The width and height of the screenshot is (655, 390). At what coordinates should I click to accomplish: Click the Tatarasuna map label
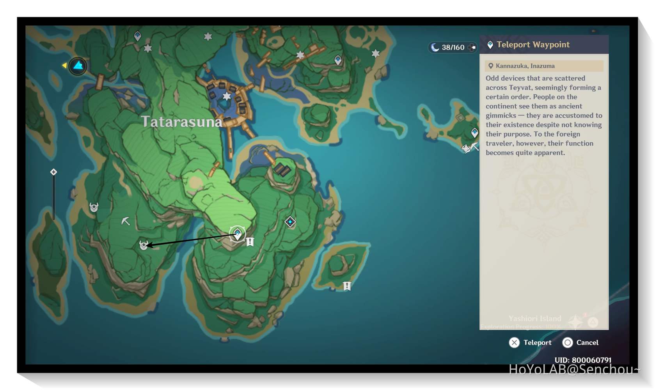pos(181,122)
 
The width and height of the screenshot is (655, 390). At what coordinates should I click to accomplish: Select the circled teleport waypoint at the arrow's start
pos(237,234)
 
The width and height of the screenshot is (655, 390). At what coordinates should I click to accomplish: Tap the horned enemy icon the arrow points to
pos(144,245)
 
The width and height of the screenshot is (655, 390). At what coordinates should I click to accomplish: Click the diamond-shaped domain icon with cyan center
pos(290,222)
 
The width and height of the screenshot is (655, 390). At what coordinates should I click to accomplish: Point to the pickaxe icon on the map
pos(125,221)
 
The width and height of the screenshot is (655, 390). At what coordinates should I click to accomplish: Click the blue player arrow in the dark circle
pos(78,66)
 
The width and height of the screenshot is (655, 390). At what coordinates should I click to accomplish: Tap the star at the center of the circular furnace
pos(227,96)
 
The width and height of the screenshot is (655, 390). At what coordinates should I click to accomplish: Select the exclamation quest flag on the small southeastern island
pos(347,286)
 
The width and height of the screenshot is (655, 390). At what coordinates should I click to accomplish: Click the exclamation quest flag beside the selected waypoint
pos(250,242)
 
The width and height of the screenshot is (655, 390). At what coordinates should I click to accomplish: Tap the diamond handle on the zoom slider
pos(53,172)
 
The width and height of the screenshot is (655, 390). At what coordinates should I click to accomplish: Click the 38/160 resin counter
pos(453,47)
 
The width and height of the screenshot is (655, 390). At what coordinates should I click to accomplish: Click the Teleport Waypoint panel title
pos(533,44)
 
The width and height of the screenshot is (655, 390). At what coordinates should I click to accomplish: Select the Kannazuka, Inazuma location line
pos(525,66)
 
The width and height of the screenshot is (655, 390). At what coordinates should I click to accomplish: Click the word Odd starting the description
pos(492,78)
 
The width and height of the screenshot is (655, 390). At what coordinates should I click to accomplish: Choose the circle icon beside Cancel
pos(568,342)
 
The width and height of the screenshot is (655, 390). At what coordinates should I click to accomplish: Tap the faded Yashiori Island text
pos(534,318)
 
